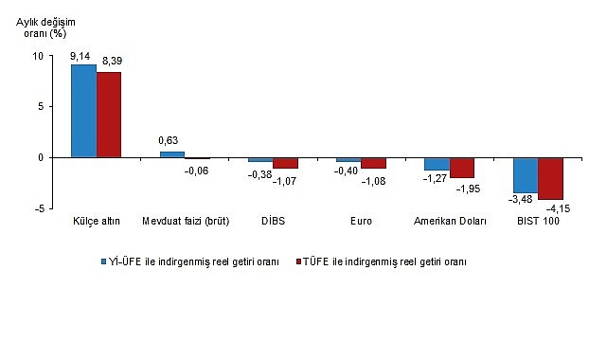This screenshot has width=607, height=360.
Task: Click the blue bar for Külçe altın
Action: [83, 111]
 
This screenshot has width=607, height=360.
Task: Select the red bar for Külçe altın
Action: [109, 115]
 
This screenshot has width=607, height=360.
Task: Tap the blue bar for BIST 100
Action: [526, 174]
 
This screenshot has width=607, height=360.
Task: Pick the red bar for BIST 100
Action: [550, 178]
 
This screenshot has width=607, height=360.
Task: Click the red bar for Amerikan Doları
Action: [462, 168]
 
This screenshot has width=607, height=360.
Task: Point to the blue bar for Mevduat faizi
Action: [171, 154]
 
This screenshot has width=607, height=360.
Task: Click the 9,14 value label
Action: [83, 56]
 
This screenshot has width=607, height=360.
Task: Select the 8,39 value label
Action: [111, 61]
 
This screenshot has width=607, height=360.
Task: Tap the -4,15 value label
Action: [556, 208]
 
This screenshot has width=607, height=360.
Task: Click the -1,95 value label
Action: [467, 189]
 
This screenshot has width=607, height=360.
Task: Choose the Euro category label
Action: [361, 222]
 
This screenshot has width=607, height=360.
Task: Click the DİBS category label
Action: [274, 222]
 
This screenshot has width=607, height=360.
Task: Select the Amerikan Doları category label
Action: [450, 222]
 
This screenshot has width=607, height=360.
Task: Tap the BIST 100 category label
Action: [538, 222]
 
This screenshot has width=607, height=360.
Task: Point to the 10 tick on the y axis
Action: [38, 56]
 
